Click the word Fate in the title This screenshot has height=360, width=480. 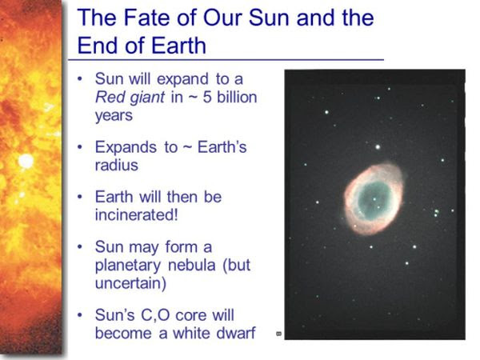(x=146, y=18)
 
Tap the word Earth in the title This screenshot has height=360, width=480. (x=178, y=46)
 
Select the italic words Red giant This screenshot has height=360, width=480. (x=130, y=98)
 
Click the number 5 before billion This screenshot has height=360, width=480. (x=207, y=97)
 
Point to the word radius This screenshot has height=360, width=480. (x=117, y=166)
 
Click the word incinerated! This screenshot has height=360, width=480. (x=137, y=215)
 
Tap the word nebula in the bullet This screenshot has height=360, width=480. (x=192, y=265)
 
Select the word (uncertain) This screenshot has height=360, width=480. (x=130, y=283)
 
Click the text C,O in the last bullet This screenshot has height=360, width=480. (x=155, y=315)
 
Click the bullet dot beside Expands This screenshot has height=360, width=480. (x=80, y=147)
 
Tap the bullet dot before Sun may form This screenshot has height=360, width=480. (x=80, y=246)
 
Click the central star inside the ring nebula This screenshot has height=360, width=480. (x=374, y=199)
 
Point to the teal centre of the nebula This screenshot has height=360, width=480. (x=374, y=199)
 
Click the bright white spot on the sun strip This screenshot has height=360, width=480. (x=26, y=161)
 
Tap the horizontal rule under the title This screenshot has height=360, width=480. (x=226, y=60)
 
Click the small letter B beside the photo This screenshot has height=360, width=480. (x=278, y=334)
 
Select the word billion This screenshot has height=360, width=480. (x=237, y=97)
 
